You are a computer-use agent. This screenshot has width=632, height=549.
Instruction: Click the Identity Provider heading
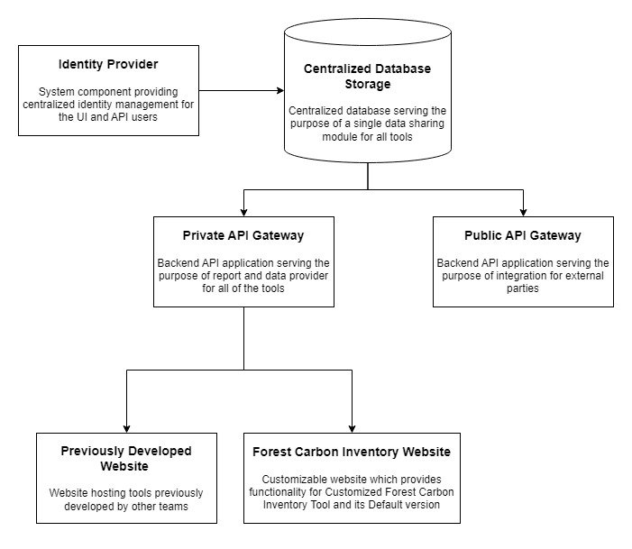[108, 64]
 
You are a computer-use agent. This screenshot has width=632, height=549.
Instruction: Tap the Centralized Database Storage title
[367, 77]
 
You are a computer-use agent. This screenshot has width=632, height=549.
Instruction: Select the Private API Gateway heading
[243, 235]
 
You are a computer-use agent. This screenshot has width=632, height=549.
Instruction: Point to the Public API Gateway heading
[523, 235]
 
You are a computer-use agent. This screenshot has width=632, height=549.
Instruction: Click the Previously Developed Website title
[125, 458]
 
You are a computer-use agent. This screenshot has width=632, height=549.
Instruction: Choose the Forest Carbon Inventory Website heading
[352, 452]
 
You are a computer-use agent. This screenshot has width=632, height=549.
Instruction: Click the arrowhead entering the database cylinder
[280, 90]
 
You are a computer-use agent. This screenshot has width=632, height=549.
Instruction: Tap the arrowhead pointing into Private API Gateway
[243, 213]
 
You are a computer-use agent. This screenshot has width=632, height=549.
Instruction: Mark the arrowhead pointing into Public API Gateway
[523, 213]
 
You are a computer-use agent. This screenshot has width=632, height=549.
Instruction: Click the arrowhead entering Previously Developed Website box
[126, 428]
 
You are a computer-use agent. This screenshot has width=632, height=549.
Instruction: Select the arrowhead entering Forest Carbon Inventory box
[352, 428]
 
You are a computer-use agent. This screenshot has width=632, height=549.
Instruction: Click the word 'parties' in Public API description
[523, 288]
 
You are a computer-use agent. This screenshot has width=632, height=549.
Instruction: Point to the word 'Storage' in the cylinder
[368, 84]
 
